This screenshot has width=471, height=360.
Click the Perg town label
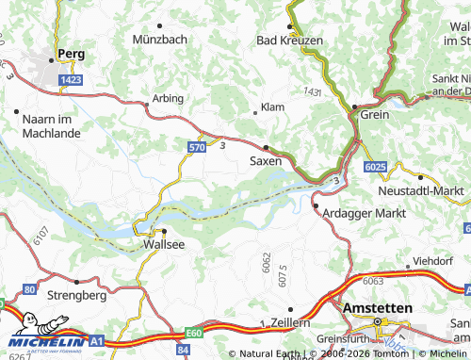[72, 54]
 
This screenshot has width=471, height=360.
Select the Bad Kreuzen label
[291, 41]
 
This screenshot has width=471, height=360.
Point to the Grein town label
[374, 113]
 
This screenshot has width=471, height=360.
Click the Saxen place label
[265, 161]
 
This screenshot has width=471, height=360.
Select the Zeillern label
[288, 322]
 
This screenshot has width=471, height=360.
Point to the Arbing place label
[168, 98]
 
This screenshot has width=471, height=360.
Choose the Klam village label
[271, 107]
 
